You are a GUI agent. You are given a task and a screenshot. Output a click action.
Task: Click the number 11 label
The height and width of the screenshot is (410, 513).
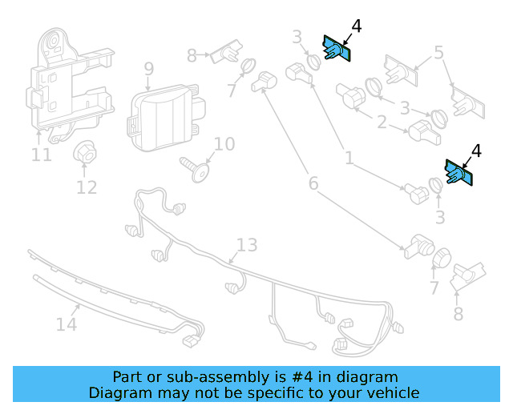coord(42,154)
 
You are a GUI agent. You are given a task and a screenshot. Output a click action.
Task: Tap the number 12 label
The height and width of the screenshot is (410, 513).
coord(87,187)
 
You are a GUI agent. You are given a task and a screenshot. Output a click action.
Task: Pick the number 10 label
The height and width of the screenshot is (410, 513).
coord(224,144)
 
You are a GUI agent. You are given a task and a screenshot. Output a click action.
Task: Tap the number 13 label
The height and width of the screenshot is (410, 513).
coord(247,244)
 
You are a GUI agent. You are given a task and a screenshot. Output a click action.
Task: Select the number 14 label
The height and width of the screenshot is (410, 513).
coord(67,324)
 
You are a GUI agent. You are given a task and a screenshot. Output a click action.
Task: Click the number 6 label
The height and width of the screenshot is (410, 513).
coord(313,183)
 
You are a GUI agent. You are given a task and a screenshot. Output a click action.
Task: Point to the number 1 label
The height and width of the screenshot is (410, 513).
coord(349,159)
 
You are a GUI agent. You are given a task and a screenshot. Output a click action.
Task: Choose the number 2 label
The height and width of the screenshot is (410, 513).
coord(382,123)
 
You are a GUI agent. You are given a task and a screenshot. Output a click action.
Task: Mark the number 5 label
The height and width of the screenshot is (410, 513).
coord(438,53)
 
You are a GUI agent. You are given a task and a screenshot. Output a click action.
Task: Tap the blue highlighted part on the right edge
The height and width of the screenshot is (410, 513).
coord(459,172)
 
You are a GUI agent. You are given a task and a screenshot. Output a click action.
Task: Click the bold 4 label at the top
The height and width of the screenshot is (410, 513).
coord(356,26)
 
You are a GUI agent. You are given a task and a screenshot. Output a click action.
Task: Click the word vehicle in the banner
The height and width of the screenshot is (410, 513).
coord(390,392)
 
